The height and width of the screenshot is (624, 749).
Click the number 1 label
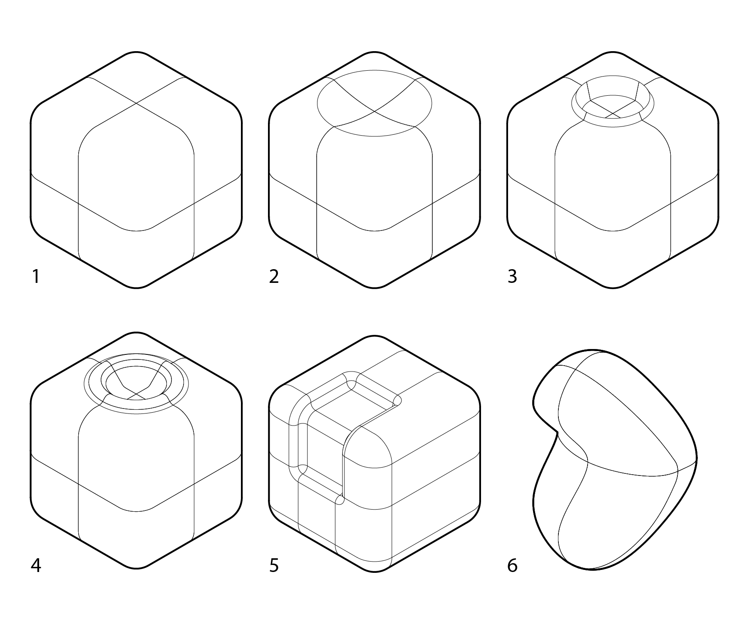[x=36, y=276]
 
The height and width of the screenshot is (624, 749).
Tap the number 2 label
[x=274, y=276]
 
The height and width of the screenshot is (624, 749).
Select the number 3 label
[x=512, y=276]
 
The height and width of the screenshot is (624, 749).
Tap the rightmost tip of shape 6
[x=697, y=458]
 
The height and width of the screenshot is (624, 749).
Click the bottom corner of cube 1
[x=136, y=287]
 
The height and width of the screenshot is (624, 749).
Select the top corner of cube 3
[x=613, y=52]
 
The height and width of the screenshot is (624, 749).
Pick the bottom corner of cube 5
[x=374, y=572]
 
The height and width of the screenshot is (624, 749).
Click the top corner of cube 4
[x=136, y=332]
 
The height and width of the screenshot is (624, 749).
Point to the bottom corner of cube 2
[x=374, y=287]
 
